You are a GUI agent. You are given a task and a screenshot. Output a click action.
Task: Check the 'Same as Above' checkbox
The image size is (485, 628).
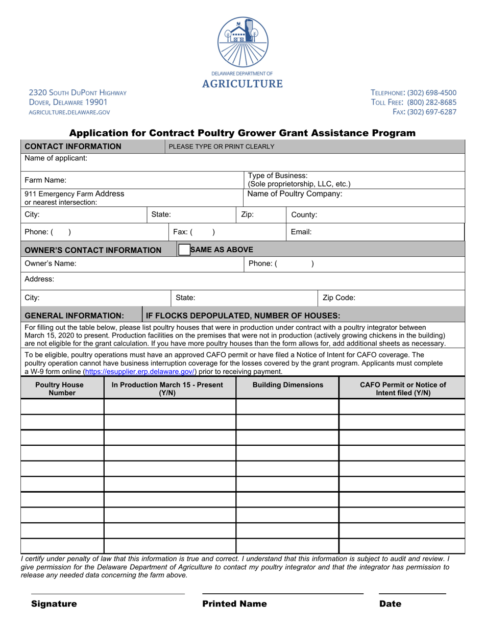183,250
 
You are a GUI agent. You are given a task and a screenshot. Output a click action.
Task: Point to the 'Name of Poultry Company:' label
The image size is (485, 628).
295,194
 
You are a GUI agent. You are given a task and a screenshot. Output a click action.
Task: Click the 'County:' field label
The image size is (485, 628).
304,215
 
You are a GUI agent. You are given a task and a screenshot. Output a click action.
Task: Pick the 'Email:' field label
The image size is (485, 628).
301,232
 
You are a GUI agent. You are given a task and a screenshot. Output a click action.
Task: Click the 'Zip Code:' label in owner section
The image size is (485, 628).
339,298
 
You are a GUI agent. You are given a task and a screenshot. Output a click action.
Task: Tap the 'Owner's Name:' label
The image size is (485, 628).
51,263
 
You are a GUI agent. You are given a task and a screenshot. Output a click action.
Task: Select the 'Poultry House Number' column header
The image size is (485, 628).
62,389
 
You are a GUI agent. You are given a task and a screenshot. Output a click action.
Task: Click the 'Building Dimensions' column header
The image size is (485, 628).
287,385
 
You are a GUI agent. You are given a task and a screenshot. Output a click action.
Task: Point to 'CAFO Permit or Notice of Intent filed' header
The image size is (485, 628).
403,389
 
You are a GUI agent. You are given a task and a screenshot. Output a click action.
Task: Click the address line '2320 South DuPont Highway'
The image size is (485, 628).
78,92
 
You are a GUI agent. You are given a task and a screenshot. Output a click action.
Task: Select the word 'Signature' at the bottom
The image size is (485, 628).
54,604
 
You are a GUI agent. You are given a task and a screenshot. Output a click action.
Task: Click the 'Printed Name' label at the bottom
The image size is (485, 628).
234,604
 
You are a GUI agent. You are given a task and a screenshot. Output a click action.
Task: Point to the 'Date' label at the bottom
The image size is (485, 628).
390,604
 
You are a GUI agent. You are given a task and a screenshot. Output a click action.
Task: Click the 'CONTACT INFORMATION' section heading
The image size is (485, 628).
73,147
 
